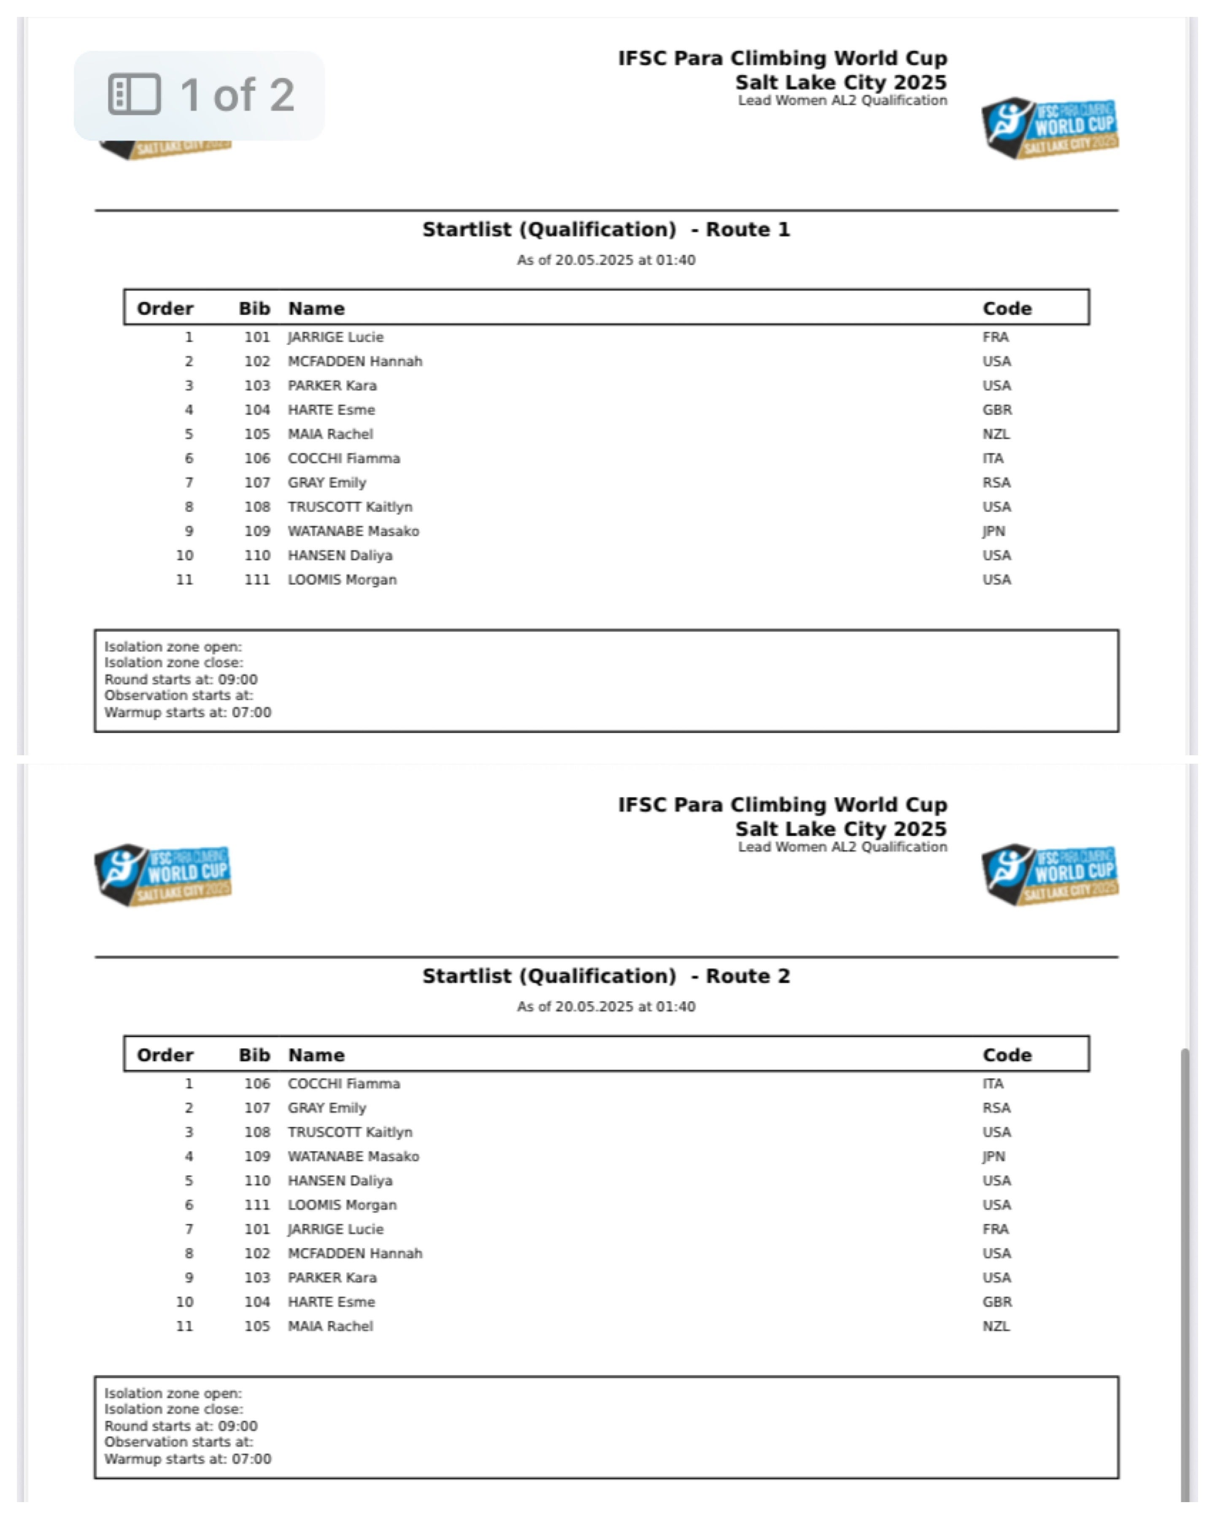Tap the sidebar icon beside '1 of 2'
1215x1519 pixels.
(134, 95)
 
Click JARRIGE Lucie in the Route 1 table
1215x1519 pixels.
(335, 338)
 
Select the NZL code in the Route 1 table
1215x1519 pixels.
(996, 434)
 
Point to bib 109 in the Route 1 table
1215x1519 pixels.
(257, 531)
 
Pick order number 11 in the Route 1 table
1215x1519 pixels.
(184, 580)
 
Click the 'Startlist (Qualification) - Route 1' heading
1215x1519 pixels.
(606, 230)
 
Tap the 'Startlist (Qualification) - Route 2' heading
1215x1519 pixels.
(606, 976)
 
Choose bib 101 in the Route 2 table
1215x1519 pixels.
(257, 1230)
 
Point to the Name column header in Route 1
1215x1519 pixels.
(316, 308)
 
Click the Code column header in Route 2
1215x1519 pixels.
(1007, 1055)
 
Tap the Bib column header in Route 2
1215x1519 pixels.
(254, 1055)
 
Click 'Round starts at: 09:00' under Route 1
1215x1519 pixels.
(181, 680)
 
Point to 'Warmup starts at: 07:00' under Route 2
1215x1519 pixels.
(187, 1459)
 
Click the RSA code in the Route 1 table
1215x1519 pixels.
(996, 483)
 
